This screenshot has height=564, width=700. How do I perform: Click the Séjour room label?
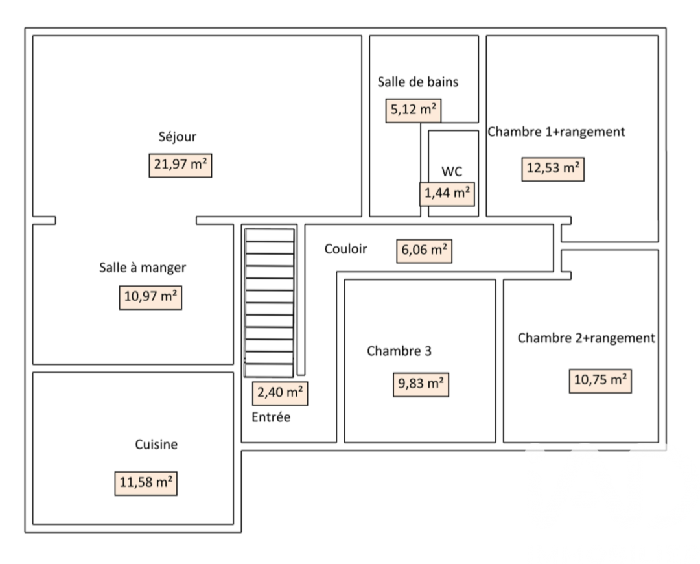(177, 137)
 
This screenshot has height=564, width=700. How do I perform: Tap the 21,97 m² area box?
(180, 165)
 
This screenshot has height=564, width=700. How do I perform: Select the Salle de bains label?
(417, 82)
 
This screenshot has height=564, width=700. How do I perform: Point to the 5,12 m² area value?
(414, 110)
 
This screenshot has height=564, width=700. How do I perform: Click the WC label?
(451, 172)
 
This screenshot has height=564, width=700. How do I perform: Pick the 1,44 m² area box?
(447, 193)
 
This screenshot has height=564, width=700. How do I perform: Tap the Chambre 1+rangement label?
(556, 132)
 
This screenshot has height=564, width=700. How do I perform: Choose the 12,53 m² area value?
(552, 169)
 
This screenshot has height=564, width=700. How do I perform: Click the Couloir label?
(345, 249)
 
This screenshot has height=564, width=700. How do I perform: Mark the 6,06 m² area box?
(424, 250)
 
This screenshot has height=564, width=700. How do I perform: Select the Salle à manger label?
(143, 268)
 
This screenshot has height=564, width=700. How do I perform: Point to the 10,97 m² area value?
(150, 298)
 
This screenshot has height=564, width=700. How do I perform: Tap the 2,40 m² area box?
(279, 393)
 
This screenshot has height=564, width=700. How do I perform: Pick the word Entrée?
(271, 417)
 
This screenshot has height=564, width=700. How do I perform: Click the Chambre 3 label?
(399, 351)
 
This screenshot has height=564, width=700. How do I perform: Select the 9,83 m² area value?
(421, 385)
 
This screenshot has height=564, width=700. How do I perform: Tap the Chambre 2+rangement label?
(586, 338)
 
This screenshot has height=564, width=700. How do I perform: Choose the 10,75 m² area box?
(600, 381)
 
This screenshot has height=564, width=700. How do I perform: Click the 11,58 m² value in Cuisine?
(146, 483)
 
